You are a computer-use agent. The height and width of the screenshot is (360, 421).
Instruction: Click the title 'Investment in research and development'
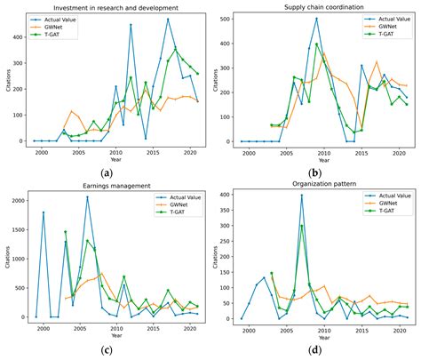point(116,7)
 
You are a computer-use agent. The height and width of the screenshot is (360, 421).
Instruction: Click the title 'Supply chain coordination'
point(322,7)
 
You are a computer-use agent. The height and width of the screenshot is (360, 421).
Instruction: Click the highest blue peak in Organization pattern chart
point(301,196)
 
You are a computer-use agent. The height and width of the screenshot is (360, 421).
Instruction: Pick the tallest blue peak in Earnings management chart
point(87,197)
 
